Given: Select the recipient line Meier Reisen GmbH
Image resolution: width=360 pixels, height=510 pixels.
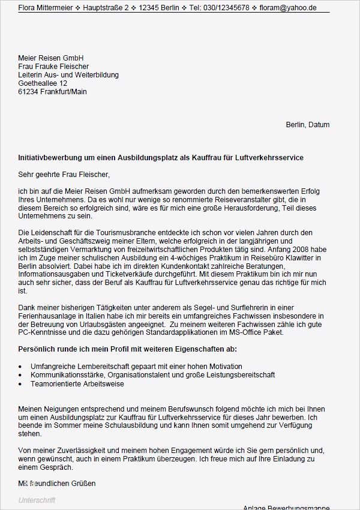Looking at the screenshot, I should coord(51,58).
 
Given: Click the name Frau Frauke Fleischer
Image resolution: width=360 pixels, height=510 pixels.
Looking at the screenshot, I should coord(54,67).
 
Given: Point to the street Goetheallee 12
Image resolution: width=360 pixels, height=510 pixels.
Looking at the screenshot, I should coord(43,83).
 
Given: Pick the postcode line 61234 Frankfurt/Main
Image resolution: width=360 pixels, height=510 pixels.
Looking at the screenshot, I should coord(53,92).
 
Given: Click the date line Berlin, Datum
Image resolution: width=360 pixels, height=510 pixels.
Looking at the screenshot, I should coord(307,125).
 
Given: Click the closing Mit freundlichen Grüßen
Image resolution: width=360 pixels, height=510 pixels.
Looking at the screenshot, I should coord(57,483).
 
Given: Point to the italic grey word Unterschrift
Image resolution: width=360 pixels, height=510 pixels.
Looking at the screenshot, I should coord(37,500).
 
